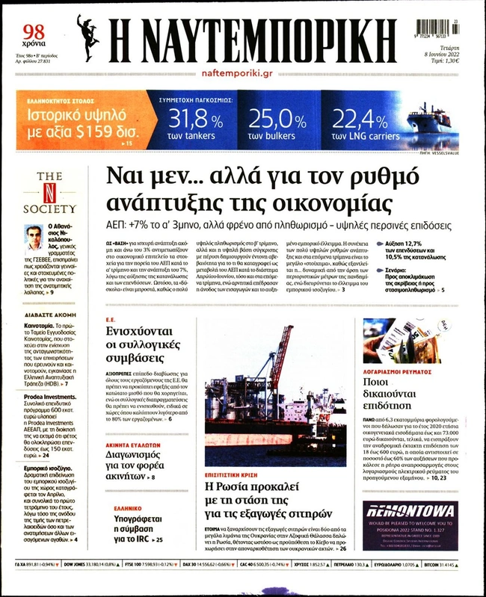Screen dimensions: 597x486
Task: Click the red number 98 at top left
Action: (34, 31)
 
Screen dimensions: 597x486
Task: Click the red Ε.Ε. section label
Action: (108, 318)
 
